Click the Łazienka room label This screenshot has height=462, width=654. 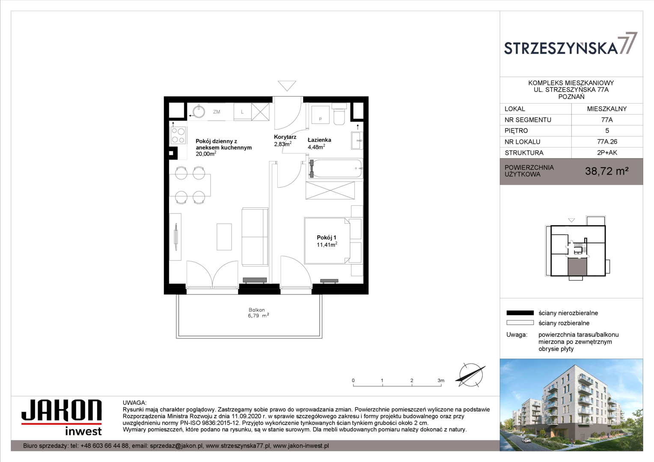[319, 140]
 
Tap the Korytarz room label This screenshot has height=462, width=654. [285, 137]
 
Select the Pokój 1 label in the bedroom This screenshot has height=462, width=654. [327, 237]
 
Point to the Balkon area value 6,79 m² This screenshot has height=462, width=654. [259, 316]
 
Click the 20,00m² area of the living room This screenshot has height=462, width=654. [206, 154]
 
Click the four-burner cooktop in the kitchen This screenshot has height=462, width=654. [178, 136]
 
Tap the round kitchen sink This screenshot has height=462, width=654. [199, 112]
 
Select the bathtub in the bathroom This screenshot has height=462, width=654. [336, 169]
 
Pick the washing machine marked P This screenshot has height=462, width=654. [320, 115]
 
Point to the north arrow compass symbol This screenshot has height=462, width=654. [470, 375]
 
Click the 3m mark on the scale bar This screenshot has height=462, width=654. [441, 381]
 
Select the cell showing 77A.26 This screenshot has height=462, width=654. [607, 142]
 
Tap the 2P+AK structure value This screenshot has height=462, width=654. [607, 153]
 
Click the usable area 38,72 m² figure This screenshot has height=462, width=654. [606, 171]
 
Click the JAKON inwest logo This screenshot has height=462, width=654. [62, 418]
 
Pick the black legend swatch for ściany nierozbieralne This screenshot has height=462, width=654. [520, 313]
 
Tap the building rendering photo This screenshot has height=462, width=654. [571, 405]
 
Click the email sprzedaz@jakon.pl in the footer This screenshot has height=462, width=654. [176, 446]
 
